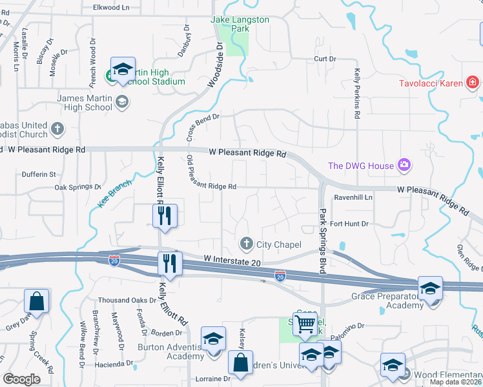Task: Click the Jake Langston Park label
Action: pos(240,25)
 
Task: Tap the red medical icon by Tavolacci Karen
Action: pos(473,83)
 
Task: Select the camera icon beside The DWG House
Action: pos(404,166)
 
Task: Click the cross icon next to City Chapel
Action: pos(246,244)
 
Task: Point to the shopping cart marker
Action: pos(305,324)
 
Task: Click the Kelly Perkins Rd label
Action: pos(356,94)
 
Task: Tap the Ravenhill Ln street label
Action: pos(353,197)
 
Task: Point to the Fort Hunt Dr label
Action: pos(349,224)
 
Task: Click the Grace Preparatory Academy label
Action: pos(387,301)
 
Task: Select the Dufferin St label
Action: pos(39,174)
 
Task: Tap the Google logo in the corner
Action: pos(22,379)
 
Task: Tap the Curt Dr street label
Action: pos(325,59)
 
